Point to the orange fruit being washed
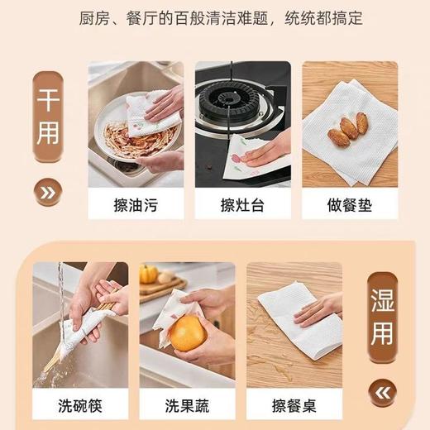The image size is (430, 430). pos(188,334)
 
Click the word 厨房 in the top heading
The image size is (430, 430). pos(116,17)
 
